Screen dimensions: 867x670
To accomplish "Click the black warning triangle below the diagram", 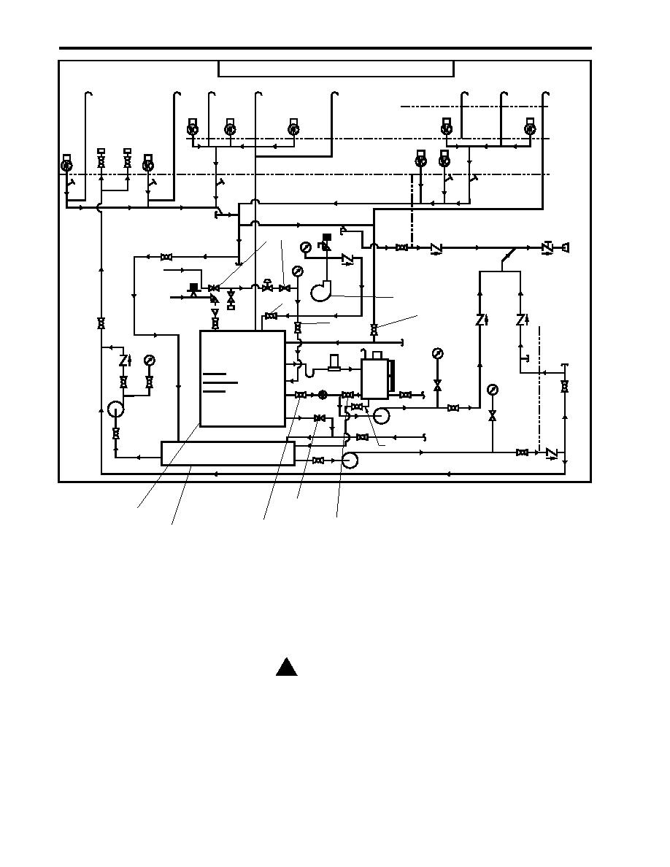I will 286,667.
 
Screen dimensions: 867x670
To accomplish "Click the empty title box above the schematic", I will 336,69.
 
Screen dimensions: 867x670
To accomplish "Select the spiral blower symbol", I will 323,290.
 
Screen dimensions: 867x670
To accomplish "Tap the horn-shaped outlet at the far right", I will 565,248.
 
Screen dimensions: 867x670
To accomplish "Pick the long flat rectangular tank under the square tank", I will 226,452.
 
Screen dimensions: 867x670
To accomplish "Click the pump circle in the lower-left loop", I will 115,409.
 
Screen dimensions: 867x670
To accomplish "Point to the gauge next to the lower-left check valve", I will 150,360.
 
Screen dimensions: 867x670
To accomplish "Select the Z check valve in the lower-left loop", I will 124,360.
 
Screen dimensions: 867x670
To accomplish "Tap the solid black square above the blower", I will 326,236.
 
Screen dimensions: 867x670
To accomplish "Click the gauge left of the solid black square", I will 305,247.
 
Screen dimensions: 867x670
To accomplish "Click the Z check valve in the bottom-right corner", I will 550,453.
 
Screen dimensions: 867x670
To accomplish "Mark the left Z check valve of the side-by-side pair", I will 480,320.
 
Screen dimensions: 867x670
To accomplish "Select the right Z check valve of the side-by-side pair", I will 521,320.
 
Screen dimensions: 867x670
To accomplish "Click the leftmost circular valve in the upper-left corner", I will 66,166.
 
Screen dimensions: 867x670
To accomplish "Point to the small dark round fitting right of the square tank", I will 323,395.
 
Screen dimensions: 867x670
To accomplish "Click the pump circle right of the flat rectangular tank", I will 349,461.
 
